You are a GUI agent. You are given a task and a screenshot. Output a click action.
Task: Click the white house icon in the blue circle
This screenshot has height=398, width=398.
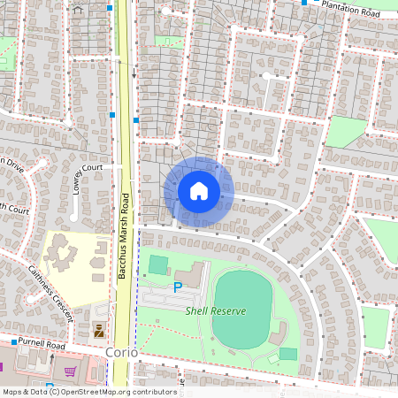pyautogui.click(x=199, y=190)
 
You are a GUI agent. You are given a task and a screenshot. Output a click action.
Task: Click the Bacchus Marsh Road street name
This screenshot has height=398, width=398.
pyautogui.click(x=125, y=236)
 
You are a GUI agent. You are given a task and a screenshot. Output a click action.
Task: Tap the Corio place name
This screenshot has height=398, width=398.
pyautogui.click(x=121, y=352)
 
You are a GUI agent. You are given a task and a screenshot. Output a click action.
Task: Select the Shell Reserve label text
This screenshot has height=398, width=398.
pyautogui.click(x=215, y=310)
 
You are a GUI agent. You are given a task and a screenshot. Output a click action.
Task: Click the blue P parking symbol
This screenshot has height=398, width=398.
pyautogui.click(x=177, y=287)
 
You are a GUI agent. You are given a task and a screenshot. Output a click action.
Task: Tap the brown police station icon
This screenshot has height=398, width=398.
pyautogui.click(x=99, y=332)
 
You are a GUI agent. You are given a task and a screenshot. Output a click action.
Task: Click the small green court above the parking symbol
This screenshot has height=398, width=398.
pyautogui.click(x=158, y=264)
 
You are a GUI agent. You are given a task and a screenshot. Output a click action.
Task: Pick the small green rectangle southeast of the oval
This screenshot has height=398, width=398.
pyautogui.click(x=288, y=354)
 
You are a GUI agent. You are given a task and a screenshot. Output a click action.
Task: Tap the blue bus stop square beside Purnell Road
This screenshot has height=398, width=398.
pyautogui.click(x=14, y=341)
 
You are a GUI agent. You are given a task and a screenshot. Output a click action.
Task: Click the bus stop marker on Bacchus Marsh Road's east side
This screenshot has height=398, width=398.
pyautogui.click(x=136, y=119)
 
